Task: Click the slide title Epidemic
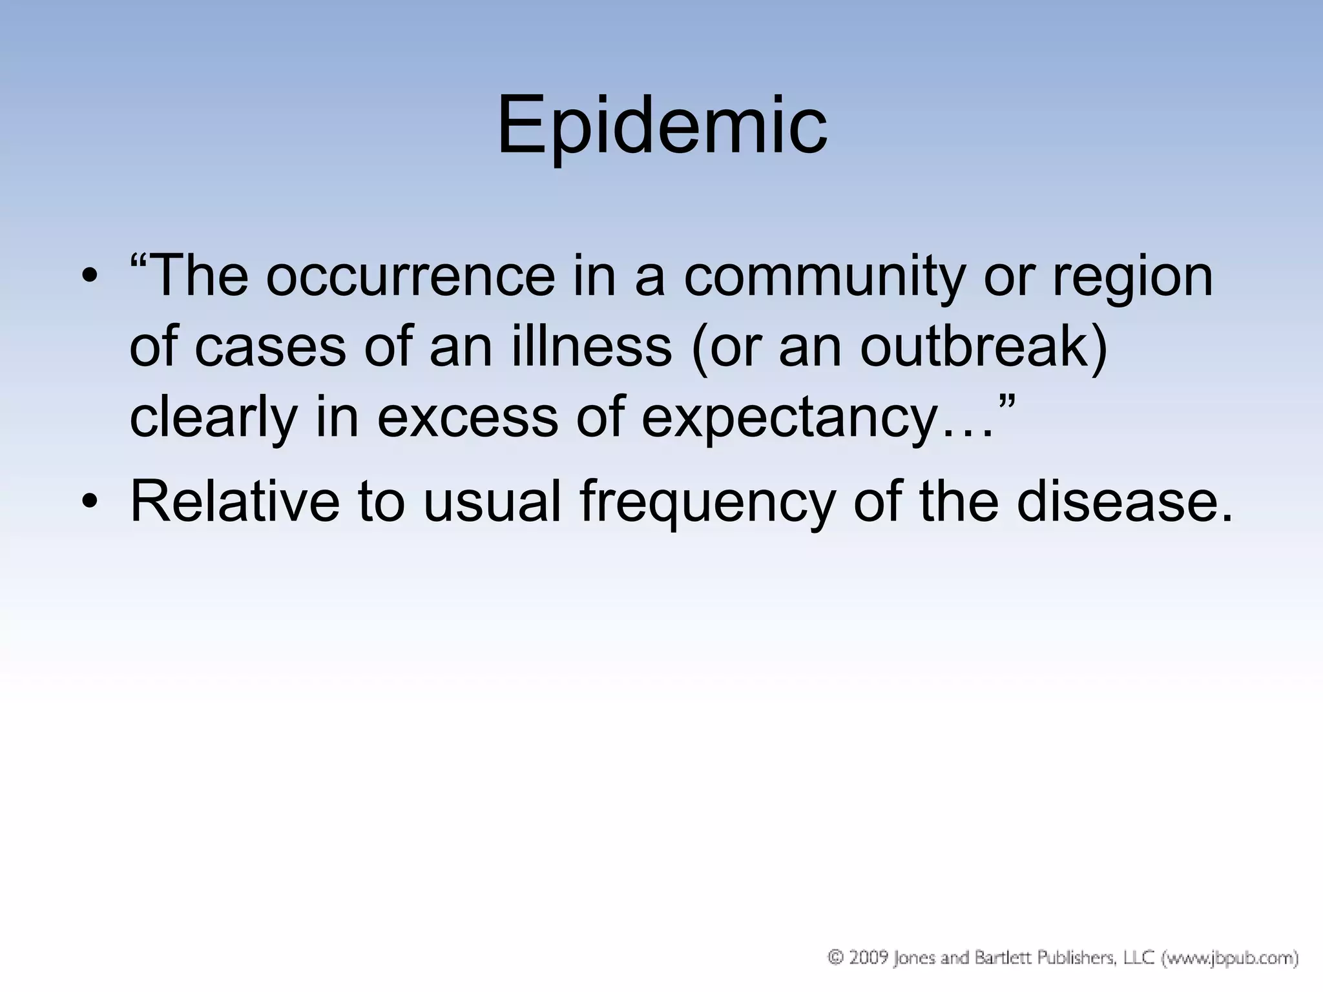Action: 661,126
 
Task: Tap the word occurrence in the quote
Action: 410,276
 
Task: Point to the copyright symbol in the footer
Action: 835,958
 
